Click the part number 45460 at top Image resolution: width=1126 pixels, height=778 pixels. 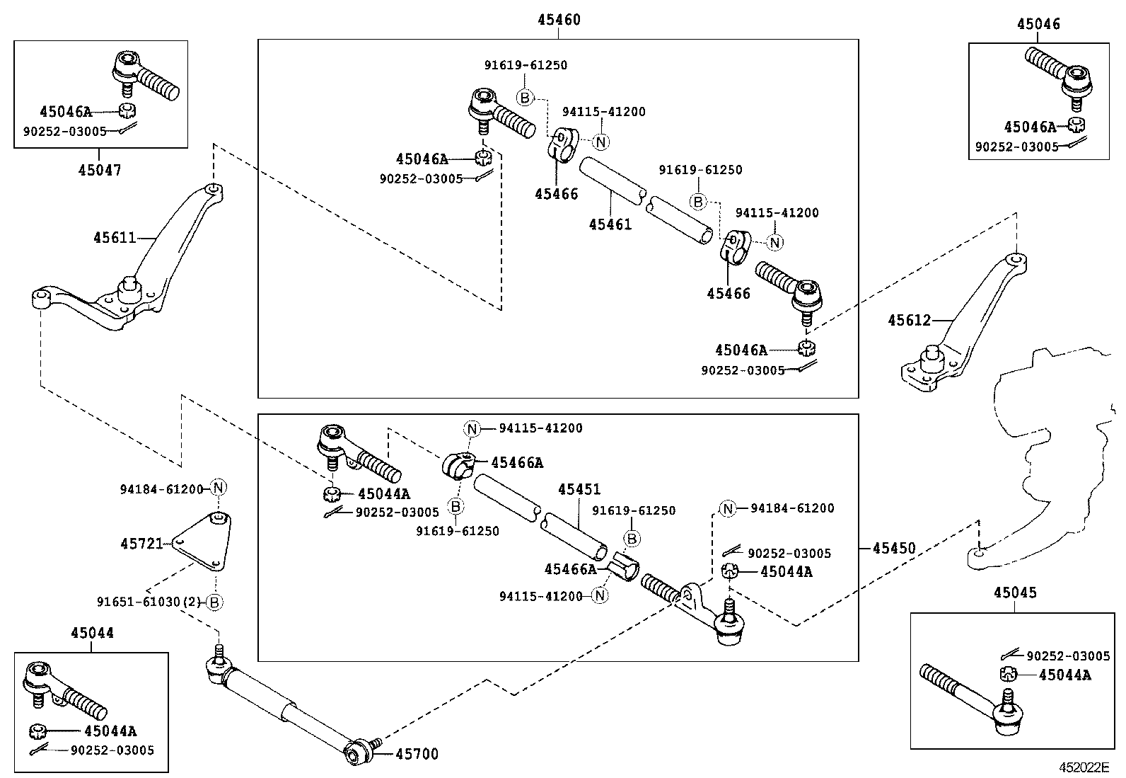[558, 20]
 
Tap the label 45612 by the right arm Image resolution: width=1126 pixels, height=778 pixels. [909, 321]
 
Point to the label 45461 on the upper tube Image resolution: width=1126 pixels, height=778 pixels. [610, 224]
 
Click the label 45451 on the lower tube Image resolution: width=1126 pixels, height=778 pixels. [579, 489]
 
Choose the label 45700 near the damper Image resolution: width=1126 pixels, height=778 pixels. [417, 755]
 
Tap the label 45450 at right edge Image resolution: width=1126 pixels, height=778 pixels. [893, 548]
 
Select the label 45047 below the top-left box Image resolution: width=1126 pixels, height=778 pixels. [99, 170]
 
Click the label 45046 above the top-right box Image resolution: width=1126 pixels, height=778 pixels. [1038, 24]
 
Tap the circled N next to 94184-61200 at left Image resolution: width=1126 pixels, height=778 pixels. [219, 488]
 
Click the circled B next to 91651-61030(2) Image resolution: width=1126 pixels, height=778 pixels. [215, 602]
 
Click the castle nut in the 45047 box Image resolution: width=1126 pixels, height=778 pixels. [127, 110]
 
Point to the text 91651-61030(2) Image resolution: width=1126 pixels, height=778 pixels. [149, 602]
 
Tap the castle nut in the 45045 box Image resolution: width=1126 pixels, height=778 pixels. [1009, 674]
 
